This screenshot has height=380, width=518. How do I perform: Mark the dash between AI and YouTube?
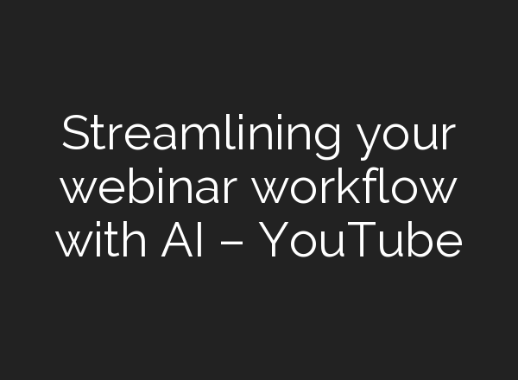236,244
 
